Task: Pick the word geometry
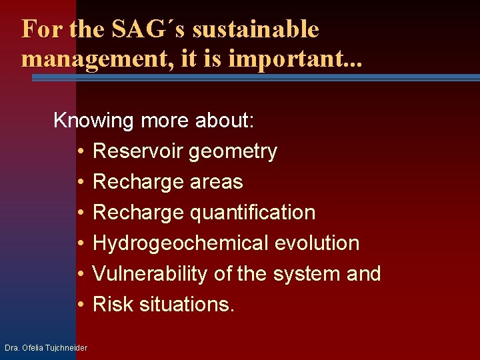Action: [x=233, y=152]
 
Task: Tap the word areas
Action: [x=216, y=182]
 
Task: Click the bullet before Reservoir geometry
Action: [x=79, y=152]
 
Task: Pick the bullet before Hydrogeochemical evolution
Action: [x=79, y=244]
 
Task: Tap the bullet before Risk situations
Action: [x=79, y=305]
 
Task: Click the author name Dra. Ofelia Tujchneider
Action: [x=45, y=348]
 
